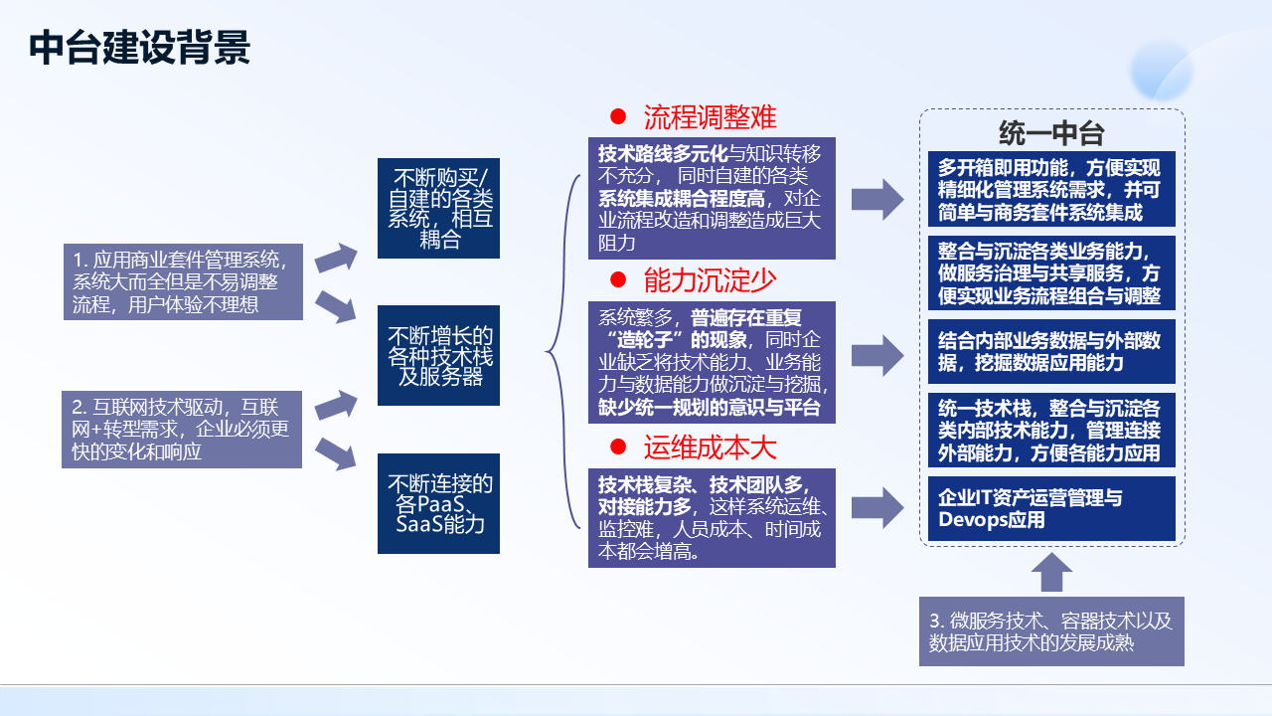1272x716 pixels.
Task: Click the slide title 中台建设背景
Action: [x=139, y=48]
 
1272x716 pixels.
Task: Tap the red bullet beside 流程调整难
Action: [x=618, y=117]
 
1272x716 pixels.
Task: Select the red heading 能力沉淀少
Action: [x=710, y=280]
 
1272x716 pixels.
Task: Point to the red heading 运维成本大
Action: [x=710, y=447]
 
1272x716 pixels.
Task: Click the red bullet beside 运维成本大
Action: [x=618, y=447]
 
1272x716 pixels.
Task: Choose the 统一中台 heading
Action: [x=1051, y=133]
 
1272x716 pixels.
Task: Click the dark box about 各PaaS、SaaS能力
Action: [x=438, y=503]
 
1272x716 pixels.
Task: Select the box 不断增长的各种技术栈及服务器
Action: [x=438, y=356]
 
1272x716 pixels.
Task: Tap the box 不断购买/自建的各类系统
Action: [x=438, y=208]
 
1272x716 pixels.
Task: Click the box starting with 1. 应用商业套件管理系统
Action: [x=183, y=281]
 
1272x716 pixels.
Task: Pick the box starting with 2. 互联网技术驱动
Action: [x=183, y=430]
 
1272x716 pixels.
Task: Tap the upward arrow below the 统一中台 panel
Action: [x=1052, y=573]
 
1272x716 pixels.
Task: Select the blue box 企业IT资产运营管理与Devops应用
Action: [x=1051, y=508]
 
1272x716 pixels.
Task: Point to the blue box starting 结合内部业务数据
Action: [x=1051, y=352]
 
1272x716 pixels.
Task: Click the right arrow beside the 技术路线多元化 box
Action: [x=877, y=200]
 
